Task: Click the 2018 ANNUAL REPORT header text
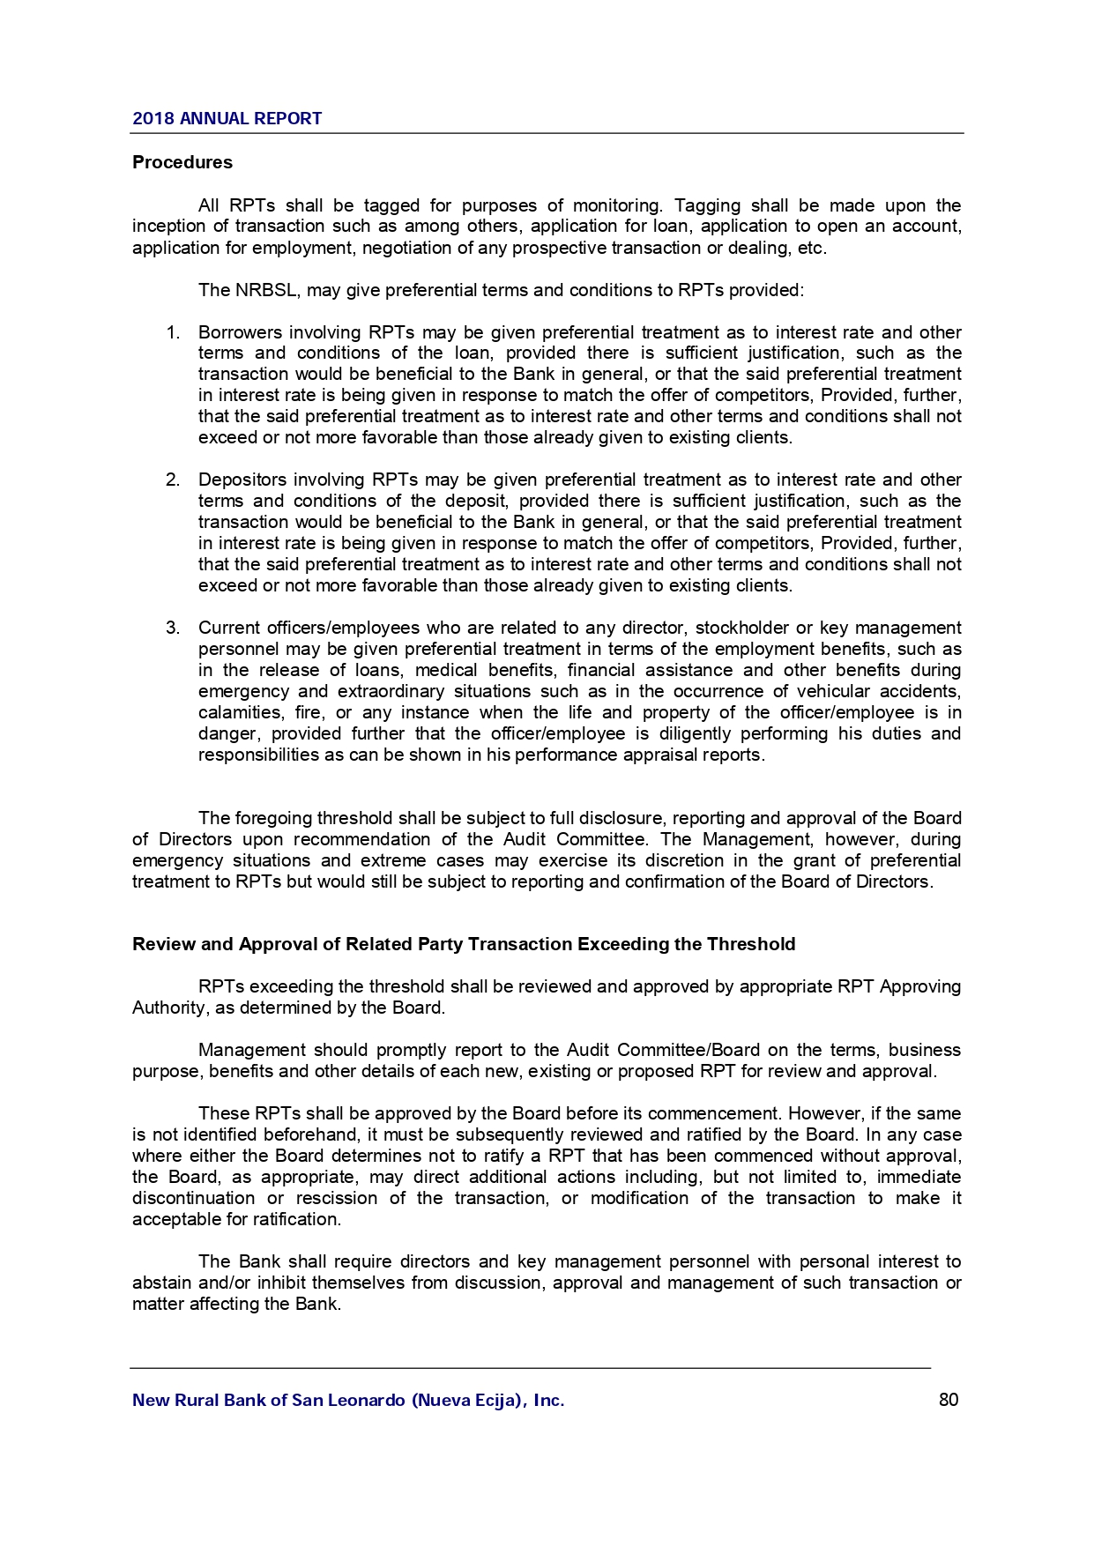click(x=227, y=119)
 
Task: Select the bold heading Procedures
click(x=182, y=163)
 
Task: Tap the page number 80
click(x=949, y=1400)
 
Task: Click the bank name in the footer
click(x=348, y=1401)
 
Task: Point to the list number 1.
click(x=174, y=333)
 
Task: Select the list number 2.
click(x=174, y=480)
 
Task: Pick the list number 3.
click(x=174, y=628)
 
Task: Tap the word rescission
click(x=336, y=1199)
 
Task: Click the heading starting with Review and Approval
click(x=464, y=945)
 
